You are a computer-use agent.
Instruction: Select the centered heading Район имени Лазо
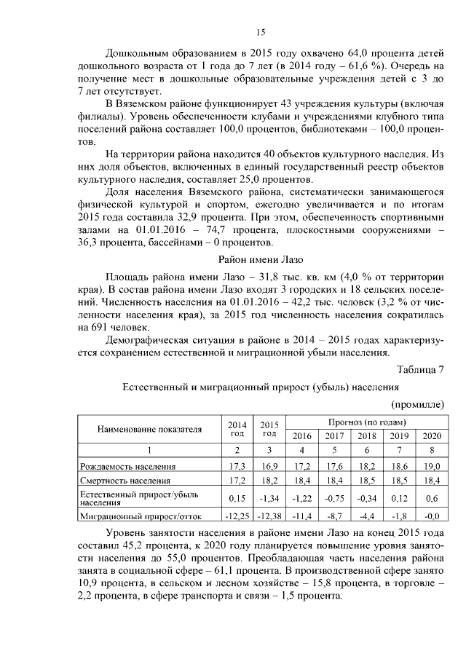261,259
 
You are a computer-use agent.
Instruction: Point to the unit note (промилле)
417,403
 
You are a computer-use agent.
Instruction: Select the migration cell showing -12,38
269,516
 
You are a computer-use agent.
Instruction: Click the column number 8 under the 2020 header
432,450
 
